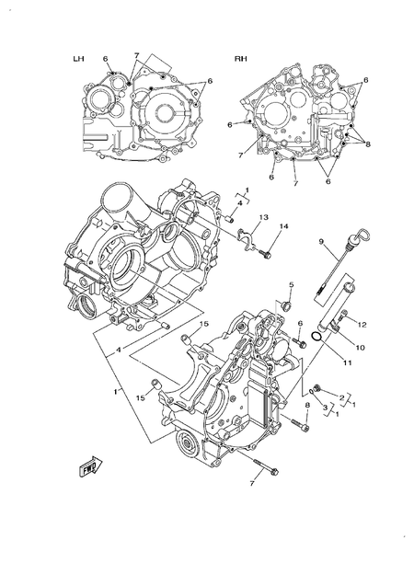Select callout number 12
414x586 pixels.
click(x=362, y=324)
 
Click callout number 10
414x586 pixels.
click(x=360, y=347)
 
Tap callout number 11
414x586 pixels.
click(x=347, y=362)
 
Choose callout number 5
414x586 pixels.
click(x=290, y=284)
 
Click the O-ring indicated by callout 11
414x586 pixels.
click(x=315, y=339)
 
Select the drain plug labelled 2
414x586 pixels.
click(x=315, y=389)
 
